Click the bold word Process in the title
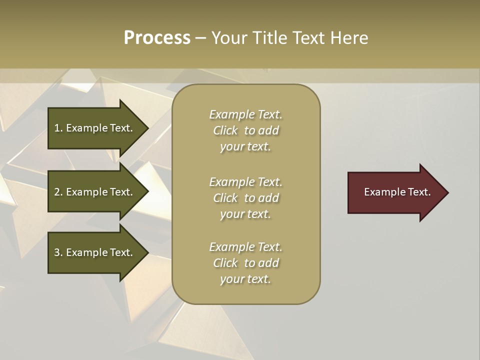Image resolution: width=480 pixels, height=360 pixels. point(157,38)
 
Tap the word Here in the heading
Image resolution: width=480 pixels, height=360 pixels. point(348,38)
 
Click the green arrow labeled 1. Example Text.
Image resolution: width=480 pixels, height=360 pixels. point(95,128)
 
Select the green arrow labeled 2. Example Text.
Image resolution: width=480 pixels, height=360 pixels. point(95,192)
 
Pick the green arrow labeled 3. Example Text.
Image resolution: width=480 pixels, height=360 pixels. point(95,252)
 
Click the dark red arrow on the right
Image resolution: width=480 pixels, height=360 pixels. point(395,192)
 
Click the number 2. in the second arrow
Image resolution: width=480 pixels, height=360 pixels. point(58,192)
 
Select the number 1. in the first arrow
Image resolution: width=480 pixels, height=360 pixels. point(58,128)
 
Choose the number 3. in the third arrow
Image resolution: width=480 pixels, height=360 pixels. point(58,252)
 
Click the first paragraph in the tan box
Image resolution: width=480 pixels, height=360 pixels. point(245,130)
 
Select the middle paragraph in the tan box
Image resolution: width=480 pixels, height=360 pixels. point(245,198)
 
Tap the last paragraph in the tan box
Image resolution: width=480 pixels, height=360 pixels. point(245,263)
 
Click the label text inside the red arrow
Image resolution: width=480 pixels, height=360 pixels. point(397,192)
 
